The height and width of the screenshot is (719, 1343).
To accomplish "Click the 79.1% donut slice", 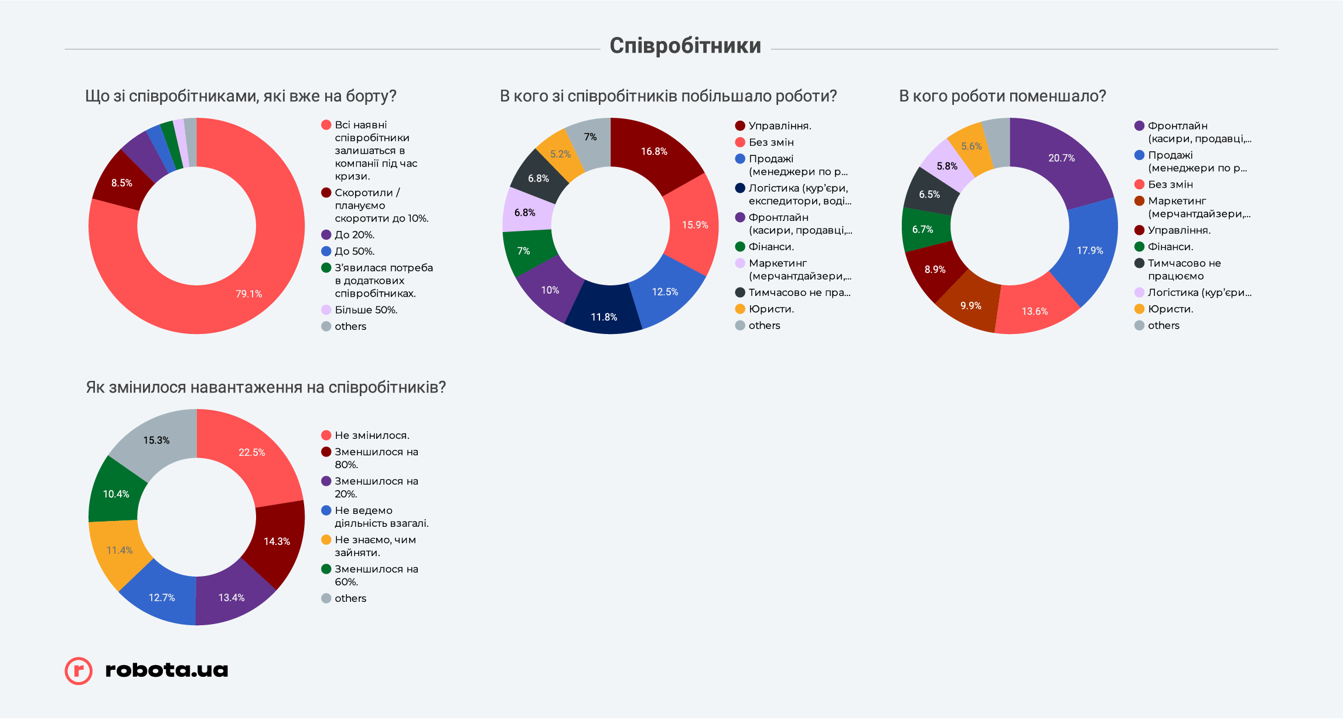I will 249,294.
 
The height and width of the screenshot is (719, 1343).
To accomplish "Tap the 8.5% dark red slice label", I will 122,183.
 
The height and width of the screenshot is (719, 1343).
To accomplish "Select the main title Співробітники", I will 685,46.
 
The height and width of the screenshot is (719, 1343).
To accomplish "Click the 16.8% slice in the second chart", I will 654,151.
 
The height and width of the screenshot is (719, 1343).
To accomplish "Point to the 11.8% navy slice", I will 604,316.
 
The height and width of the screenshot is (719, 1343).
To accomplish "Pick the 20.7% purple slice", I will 1061,158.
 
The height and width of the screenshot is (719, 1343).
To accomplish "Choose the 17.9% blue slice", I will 1090,250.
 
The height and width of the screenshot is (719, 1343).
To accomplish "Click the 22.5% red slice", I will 251,452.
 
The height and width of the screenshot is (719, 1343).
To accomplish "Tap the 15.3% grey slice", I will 156,440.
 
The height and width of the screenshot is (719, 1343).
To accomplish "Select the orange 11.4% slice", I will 120,550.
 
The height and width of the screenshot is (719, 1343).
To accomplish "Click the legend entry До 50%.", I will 355,251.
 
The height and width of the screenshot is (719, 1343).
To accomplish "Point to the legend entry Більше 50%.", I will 366,310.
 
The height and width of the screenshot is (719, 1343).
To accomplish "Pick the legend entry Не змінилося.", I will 371,435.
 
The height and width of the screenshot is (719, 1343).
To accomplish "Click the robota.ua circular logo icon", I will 79,670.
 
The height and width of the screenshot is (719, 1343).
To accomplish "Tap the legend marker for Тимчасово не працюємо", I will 1139,263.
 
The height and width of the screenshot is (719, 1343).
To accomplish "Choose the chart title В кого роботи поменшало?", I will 1002,96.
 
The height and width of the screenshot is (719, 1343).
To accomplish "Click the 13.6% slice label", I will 1035,311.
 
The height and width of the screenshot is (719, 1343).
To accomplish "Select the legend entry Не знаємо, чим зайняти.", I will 375,546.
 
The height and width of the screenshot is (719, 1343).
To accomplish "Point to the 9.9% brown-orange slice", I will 971,306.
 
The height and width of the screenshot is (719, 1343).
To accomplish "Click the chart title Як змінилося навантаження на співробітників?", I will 266,387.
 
